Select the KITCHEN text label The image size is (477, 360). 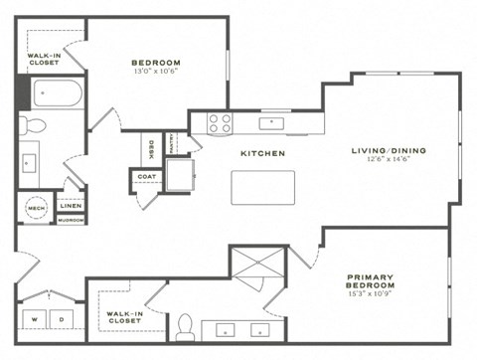click(262, 154)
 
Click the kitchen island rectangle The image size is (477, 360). click(263, 187)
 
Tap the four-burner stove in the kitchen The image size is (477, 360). click(219, 124)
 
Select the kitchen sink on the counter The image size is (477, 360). click(270, 123)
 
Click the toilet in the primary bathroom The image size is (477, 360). click(185, 325)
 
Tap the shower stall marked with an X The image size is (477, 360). click(257, 270)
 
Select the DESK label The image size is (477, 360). click(151, 149)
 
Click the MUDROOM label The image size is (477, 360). click(71, 220)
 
